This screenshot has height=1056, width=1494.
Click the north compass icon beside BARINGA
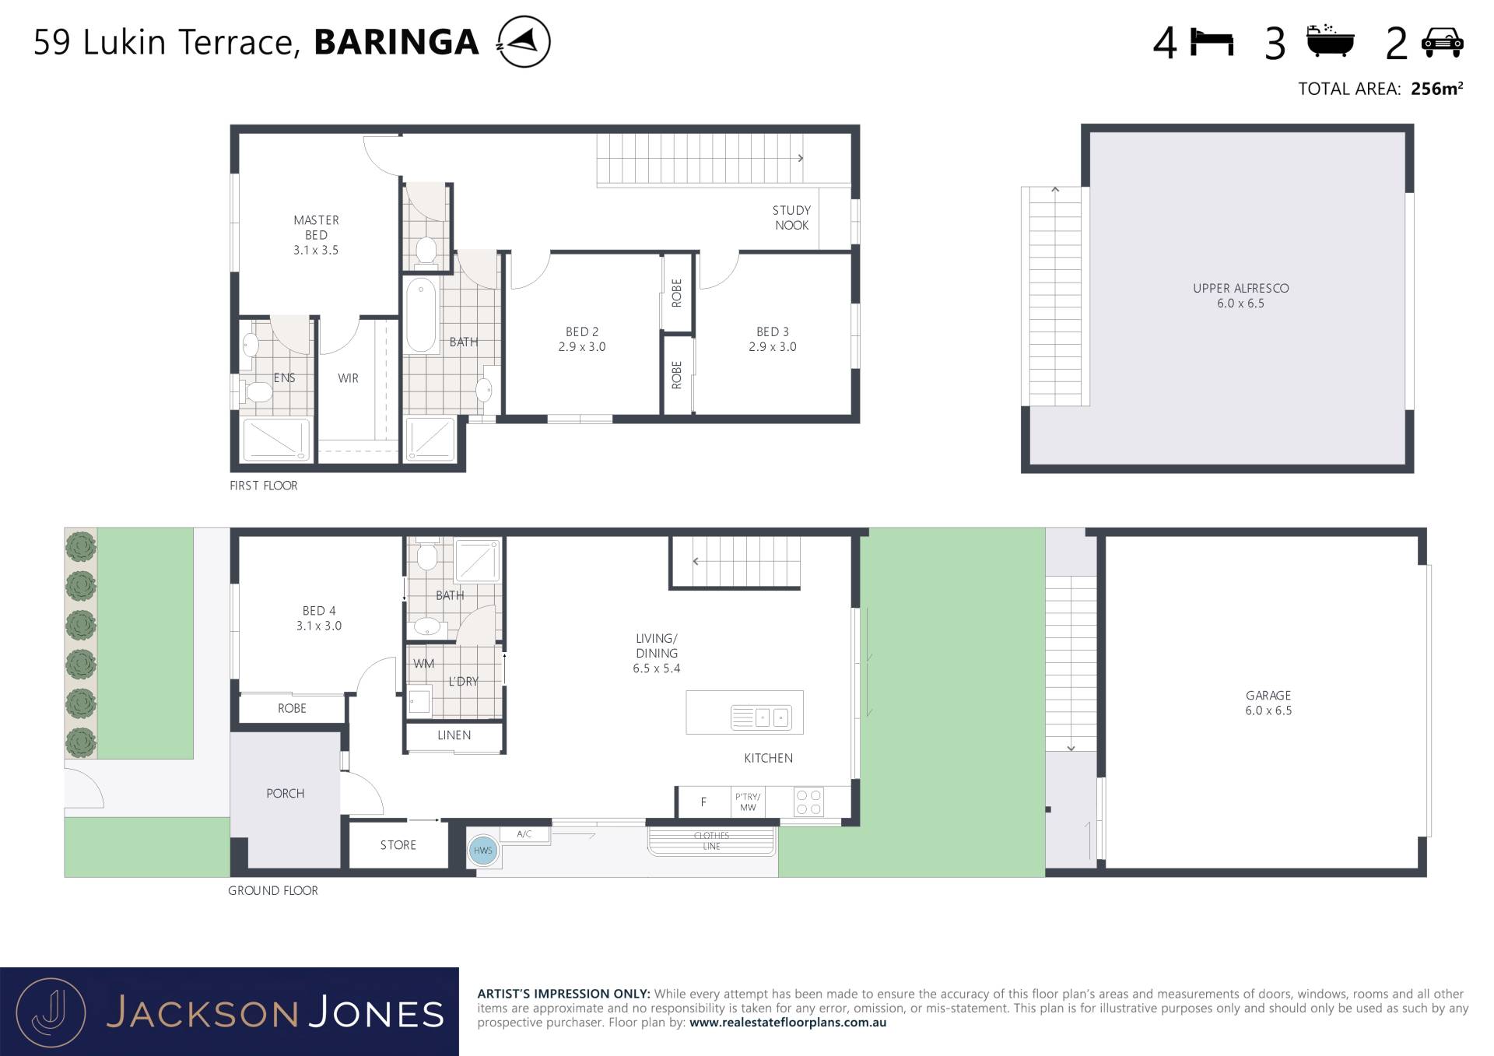coord(524,41)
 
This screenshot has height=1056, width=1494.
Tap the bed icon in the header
coord(1212,43)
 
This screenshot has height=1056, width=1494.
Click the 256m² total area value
coord(1436,89)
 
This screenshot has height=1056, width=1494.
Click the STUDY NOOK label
coord(791,218)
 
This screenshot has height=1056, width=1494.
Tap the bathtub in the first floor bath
coord(421,315)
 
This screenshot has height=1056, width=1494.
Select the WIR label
coord(348,378)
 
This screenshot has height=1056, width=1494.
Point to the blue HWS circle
coord(482,851)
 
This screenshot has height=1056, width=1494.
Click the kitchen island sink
coord(761,717)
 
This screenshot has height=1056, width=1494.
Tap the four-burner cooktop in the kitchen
coord(808,802)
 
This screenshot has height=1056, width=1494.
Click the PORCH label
coord(285,794)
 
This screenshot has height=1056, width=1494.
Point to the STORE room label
coord(398,845)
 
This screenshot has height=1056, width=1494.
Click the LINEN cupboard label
coord(454,735)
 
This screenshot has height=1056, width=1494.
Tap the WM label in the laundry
coord(424,664)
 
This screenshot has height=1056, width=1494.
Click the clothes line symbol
coord(712,841)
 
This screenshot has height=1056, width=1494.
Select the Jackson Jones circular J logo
coord(51,1012)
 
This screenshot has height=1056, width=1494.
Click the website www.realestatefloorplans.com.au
coord(787,1023)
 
